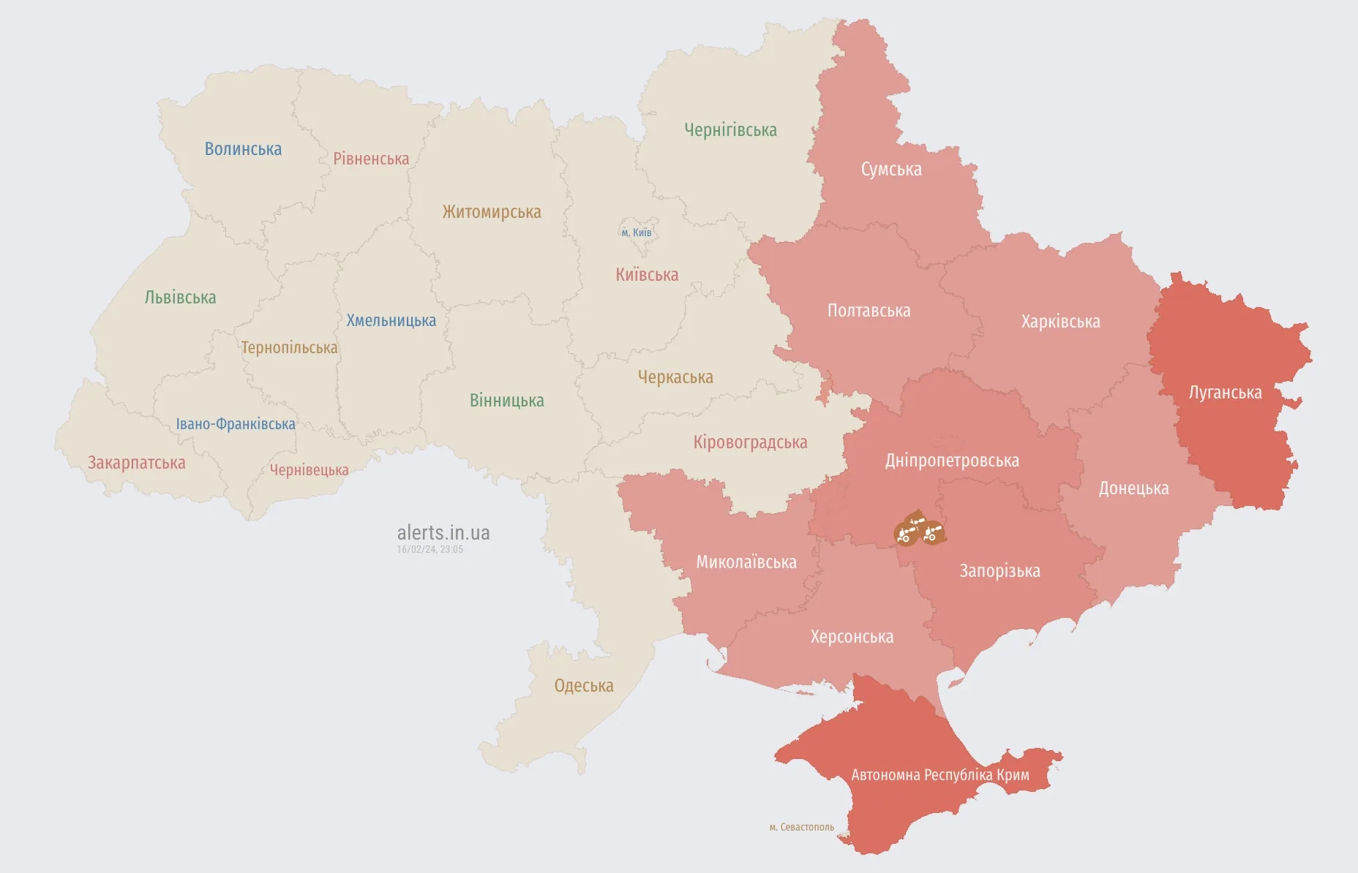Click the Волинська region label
243,149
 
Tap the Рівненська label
371,159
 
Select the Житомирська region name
492,212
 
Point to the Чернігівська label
730,130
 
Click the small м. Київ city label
637,233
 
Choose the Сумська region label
891,170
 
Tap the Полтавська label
869,311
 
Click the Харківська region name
1060,322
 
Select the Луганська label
1225,393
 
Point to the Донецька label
1133,488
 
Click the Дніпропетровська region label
952,461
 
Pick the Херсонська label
852,637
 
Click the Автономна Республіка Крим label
940,775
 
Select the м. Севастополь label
801,827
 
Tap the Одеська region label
583,686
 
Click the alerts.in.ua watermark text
443,532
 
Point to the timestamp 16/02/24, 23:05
429,549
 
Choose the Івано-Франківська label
236,424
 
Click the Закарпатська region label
137,463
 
